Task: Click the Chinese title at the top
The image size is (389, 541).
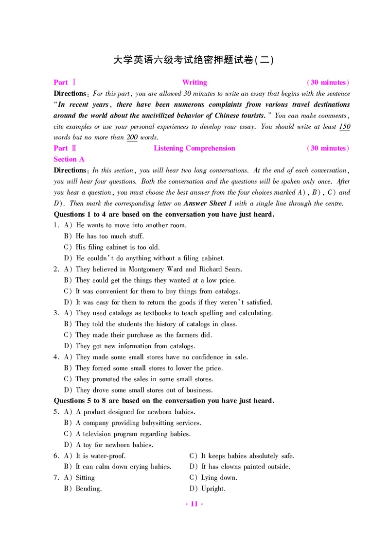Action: point(194,60)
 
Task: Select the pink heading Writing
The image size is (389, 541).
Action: point(194,83)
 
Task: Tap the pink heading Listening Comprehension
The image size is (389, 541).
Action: point(194,148)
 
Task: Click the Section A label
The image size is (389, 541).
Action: point(69,159)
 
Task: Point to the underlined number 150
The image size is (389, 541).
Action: point(344,127)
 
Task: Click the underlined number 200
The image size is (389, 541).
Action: point(132,137)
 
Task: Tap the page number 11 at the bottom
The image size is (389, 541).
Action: point(194,504)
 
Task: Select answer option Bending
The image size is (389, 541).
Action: point(88,489)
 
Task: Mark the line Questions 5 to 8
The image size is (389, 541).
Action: point(164,401)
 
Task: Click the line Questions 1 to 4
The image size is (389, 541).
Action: point(164,214)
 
